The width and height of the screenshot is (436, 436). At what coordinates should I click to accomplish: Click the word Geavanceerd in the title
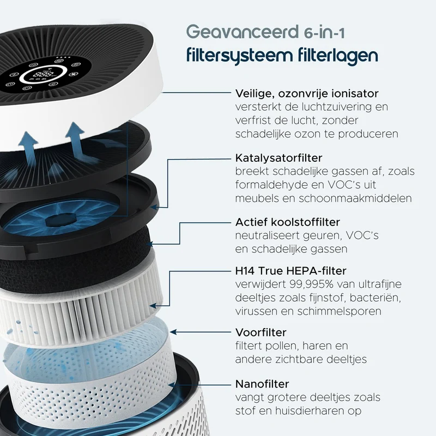click(x=243, y=32)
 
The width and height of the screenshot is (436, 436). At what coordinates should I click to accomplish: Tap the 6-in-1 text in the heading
click(x=324, y=33)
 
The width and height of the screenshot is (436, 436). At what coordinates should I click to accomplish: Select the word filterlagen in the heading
click(x=338, y=56)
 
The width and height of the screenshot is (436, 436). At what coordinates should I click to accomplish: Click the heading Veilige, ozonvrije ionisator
click(x=307, y=94)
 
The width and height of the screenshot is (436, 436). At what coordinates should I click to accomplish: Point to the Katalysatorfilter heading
click(x=278, y=158)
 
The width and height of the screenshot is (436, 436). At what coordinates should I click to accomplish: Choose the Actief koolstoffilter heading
click(x=288, y=222)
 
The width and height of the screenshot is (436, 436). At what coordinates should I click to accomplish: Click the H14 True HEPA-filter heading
click(x=290, y=270)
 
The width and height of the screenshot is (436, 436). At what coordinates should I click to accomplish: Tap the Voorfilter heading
click(x=261, y=332)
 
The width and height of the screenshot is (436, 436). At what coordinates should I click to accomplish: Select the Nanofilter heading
click(x=262, y=384)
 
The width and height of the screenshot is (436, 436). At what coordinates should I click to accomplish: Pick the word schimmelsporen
click(x=339, y=311)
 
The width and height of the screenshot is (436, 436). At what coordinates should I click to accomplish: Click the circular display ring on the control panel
click(x=44, y=75)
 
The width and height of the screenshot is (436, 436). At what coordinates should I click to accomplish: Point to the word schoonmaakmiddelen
click(x=355, y=198)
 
